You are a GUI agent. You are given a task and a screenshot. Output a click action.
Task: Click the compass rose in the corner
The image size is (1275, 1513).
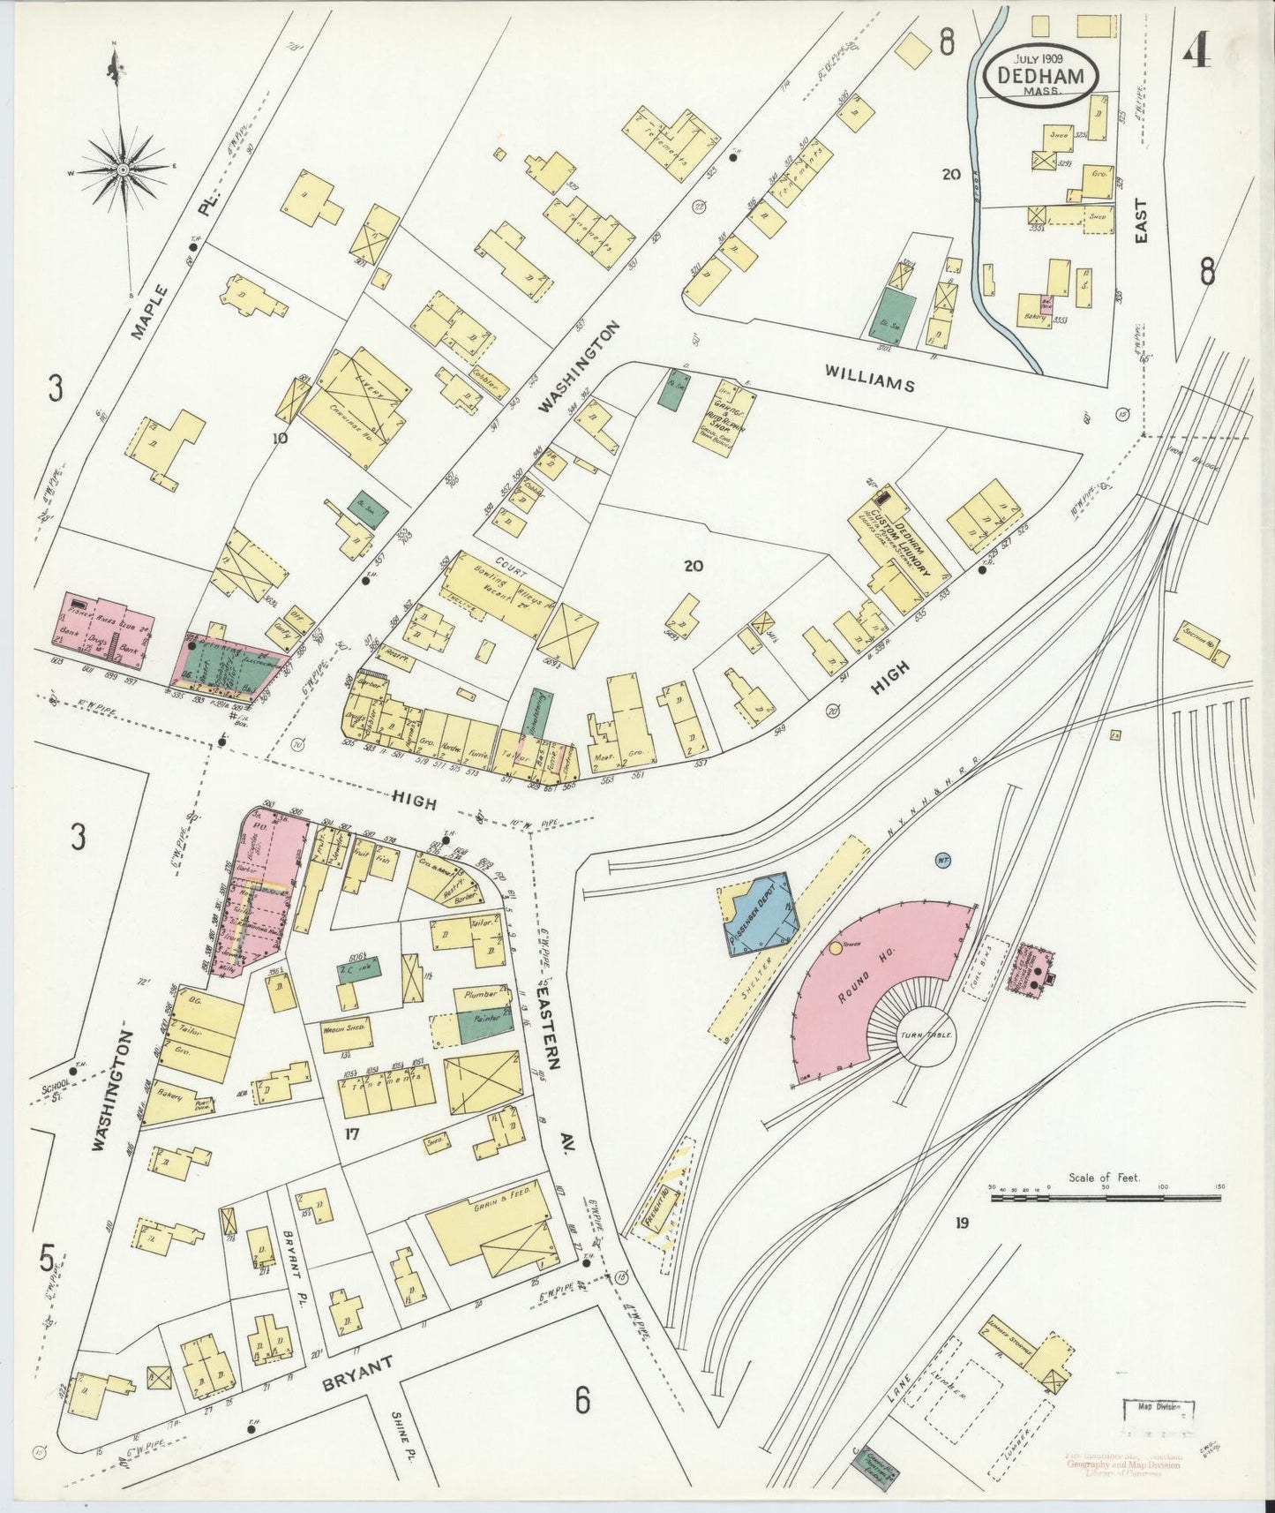[x=124, y=168]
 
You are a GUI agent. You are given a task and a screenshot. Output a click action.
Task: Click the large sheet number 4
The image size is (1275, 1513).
[x=1196, y=55]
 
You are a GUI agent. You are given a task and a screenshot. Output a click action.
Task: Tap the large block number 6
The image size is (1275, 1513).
[x=581, y=1423]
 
